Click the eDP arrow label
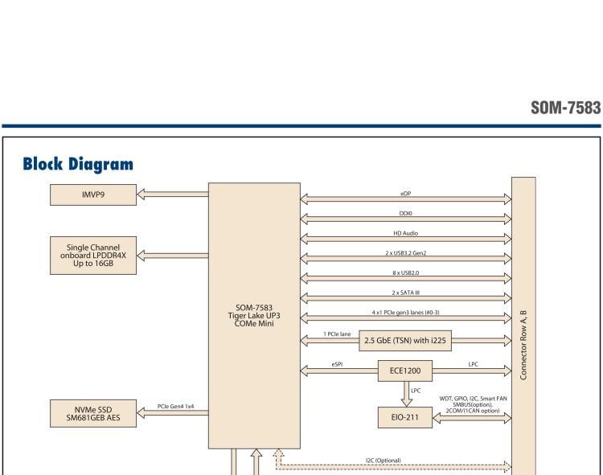(405, 193)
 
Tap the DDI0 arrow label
(405, 214)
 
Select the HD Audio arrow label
(405, 234)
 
